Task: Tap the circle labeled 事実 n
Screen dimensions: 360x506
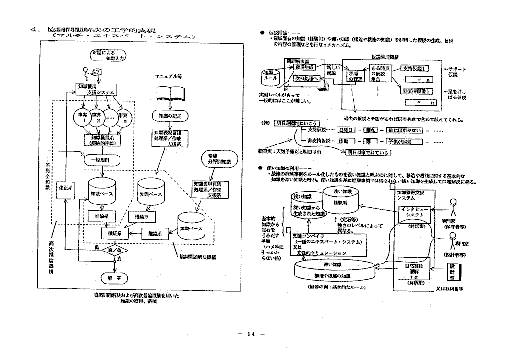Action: click(x=124, y=119)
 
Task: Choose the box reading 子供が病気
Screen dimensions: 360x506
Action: click(x=406, y=141)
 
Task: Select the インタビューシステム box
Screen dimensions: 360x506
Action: click(x=412, y=213)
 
